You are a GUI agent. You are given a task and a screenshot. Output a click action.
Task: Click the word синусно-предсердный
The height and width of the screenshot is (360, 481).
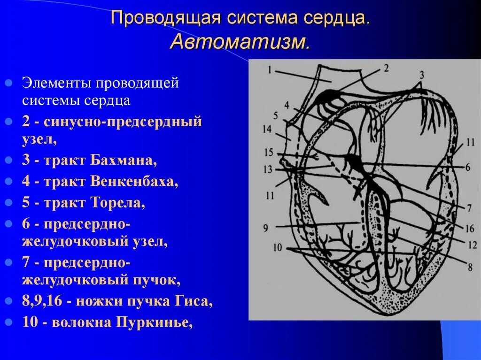click(123, 122)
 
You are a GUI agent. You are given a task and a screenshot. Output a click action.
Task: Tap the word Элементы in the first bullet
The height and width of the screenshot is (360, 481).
click(57, 83)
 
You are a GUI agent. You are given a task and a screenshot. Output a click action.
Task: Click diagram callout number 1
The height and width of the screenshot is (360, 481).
click(270, 70)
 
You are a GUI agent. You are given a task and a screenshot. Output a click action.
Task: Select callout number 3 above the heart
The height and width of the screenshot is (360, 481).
click(421, 74)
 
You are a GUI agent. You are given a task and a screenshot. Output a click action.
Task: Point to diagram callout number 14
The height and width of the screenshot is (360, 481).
click(267, 130)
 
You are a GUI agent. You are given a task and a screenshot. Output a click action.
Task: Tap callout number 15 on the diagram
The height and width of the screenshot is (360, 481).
click(268, 153)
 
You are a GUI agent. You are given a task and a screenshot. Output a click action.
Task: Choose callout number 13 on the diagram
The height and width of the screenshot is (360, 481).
click(268, 169)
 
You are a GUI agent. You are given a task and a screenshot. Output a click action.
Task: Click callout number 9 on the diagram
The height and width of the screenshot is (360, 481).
click(265, 229)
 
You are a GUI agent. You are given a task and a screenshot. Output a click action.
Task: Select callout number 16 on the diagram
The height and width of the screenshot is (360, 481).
click(469, 229)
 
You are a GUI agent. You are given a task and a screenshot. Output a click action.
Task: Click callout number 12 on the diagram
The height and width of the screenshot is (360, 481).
click(472, 245)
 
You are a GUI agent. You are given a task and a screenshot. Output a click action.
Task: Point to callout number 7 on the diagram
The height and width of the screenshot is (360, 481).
click(469, 207)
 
